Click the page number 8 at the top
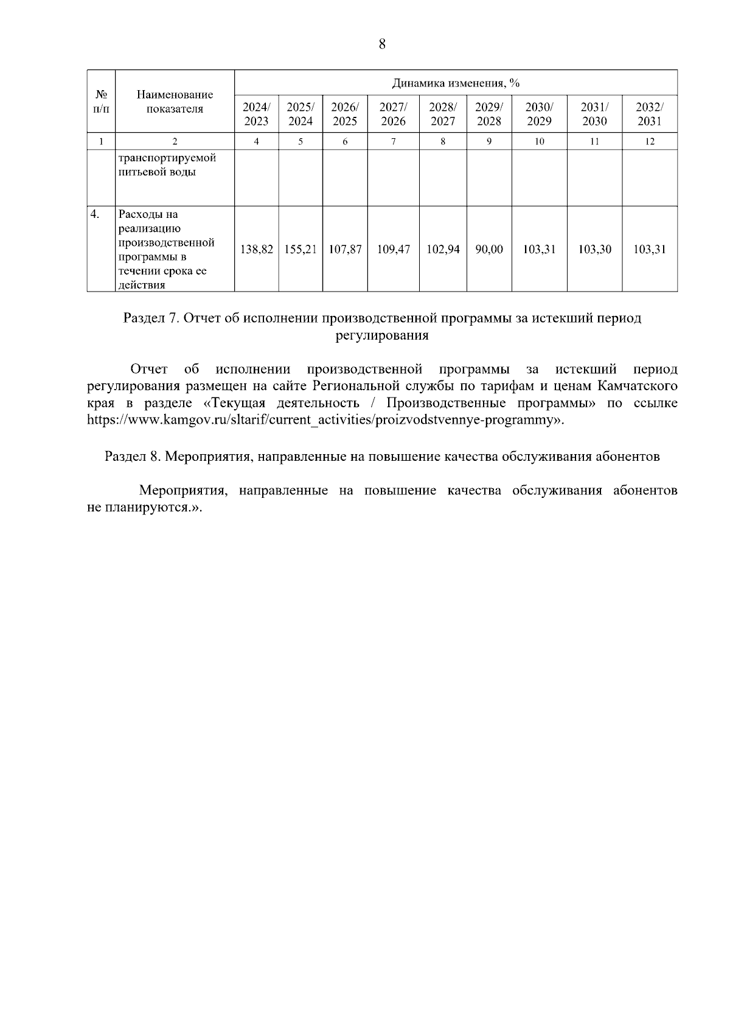[x=382, y=44]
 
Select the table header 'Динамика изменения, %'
[x=456, y=83]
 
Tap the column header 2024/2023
[x=256, y=114]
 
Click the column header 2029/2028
[x=488, y=114]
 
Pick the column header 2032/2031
[x=649, y=114]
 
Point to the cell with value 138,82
[x=256, y=250]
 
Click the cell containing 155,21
[x=301, y=250]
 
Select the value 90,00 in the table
[x=488, y=250]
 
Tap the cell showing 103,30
[x=594, y=250]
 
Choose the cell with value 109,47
[x=393, y=250]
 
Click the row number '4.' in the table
[x=94, y=214]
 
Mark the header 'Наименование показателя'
[x=175, y=102]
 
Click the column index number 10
[x=539, y=142]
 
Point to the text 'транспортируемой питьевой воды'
[x=167, y=165]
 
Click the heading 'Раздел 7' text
[x=382, y=318]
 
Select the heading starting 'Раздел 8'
[x=382, y=457]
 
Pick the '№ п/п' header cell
[x=101, y=102]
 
